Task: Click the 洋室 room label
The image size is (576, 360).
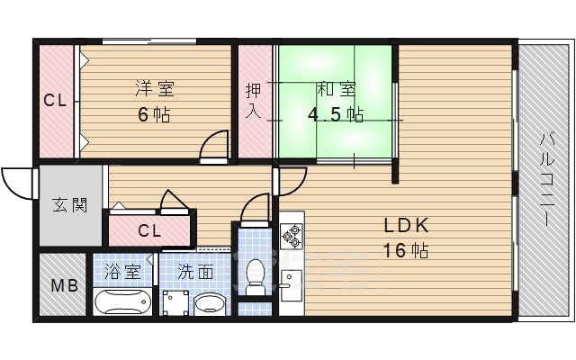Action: tap(154, 88)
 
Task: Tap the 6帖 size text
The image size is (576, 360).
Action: tap(154, 114)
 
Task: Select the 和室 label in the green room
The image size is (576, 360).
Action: tap(335, 89)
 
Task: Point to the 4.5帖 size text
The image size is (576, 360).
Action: tap(336, 115)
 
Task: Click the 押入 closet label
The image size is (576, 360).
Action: tap(254, 100)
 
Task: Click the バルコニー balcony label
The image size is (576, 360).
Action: tap(546, 181)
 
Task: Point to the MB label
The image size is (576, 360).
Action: tap(63, 286)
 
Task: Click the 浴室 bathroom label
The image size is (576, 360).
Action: tap(122, 270)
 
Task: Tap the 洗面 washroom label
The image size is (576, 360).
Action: tap(195, 270)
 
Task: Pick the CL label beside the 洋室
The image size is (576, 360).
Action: tap(56, 101)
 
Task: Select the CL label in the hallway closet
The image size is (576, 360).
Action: tap(149, 230)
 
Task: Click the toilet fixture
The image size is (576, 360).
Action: tap(255, 275)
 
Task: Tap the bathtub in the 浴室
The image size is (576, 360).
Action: tap(123, 301)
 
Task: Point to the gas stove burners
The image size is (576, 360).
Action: tap(292, 236)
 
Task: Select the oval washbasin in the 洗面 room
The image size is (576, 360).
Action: tap(211, 303)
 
